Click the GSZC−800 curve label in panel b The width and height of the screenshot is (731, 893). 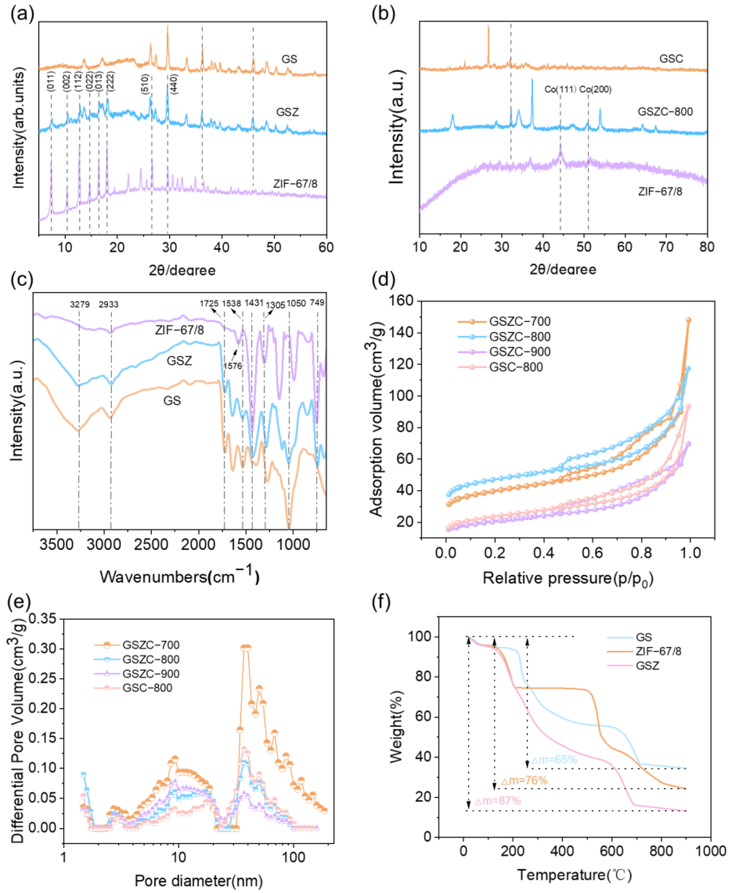tap(665, 112)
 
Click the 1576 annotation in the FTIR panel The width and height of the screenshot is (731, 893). tap(232, 366)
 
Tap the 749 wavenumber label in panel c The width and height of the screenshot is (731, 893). tap(317, 302)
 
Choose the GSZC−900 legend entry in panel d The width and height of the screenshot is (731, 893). tap(520, 352)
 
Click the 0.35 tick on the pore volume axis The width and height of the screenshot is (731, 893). tap(42, 619)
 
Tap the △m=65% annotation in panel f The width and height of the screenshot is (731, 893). tap(554, 760)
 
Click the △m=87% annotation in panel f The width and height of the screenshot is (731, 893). tap(498, 801)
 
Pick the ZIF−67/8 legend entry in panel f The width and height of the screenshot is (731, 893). tap(658, 651)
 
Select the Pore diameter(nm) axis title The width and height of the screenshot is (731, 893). tap(199, 881)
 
